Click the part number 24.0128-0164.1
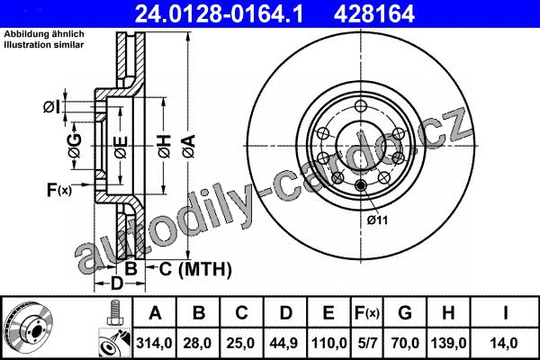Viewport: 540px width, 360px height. click(219, 13)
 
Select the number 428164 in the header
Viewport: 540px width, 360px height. click(374, 13)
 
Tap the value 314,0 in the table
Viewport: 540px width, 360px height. click(154, 343)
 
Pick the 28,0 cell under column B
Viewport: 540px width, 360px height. click(198, 343)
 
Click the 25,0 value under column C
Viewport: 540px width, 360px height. click(241, 343)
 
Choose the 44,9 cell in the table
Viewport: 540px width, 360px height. click(285, 343)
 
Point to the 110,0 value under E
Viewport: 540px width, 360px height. click(328, 343)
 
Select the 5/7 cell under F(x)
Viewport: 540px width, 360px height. click(367, 343)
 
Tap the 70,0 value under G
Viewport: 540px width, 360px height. click(405, 343)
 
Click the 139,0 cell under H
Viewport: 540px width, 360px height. click(448, 343)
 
